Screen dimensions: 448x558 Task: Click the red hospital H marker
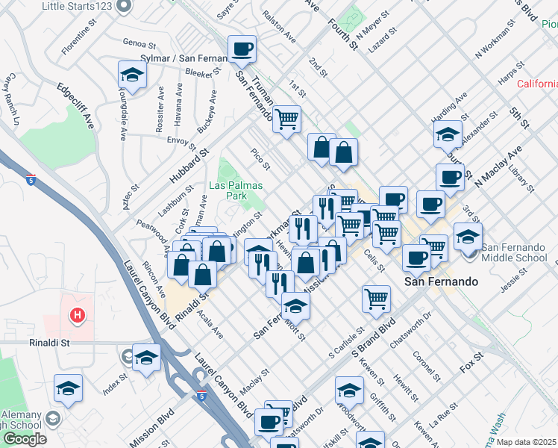[x=75, y=316]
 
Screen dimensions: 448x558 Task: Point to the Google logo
[x=25, y=438]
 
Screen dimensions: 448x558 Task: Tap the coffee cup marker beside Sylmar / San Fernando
[x=242, y=51]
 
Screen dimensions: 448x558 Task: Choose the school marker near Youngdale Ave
[x=132, y=75]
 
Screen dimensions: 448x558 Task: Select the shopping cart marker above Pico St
[x=286, y=119]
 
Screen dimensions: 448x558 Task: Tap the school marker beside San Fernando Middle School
[x=468, y=237]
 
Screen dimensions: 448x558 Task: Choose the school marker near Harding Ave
[x=448, y=135]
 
